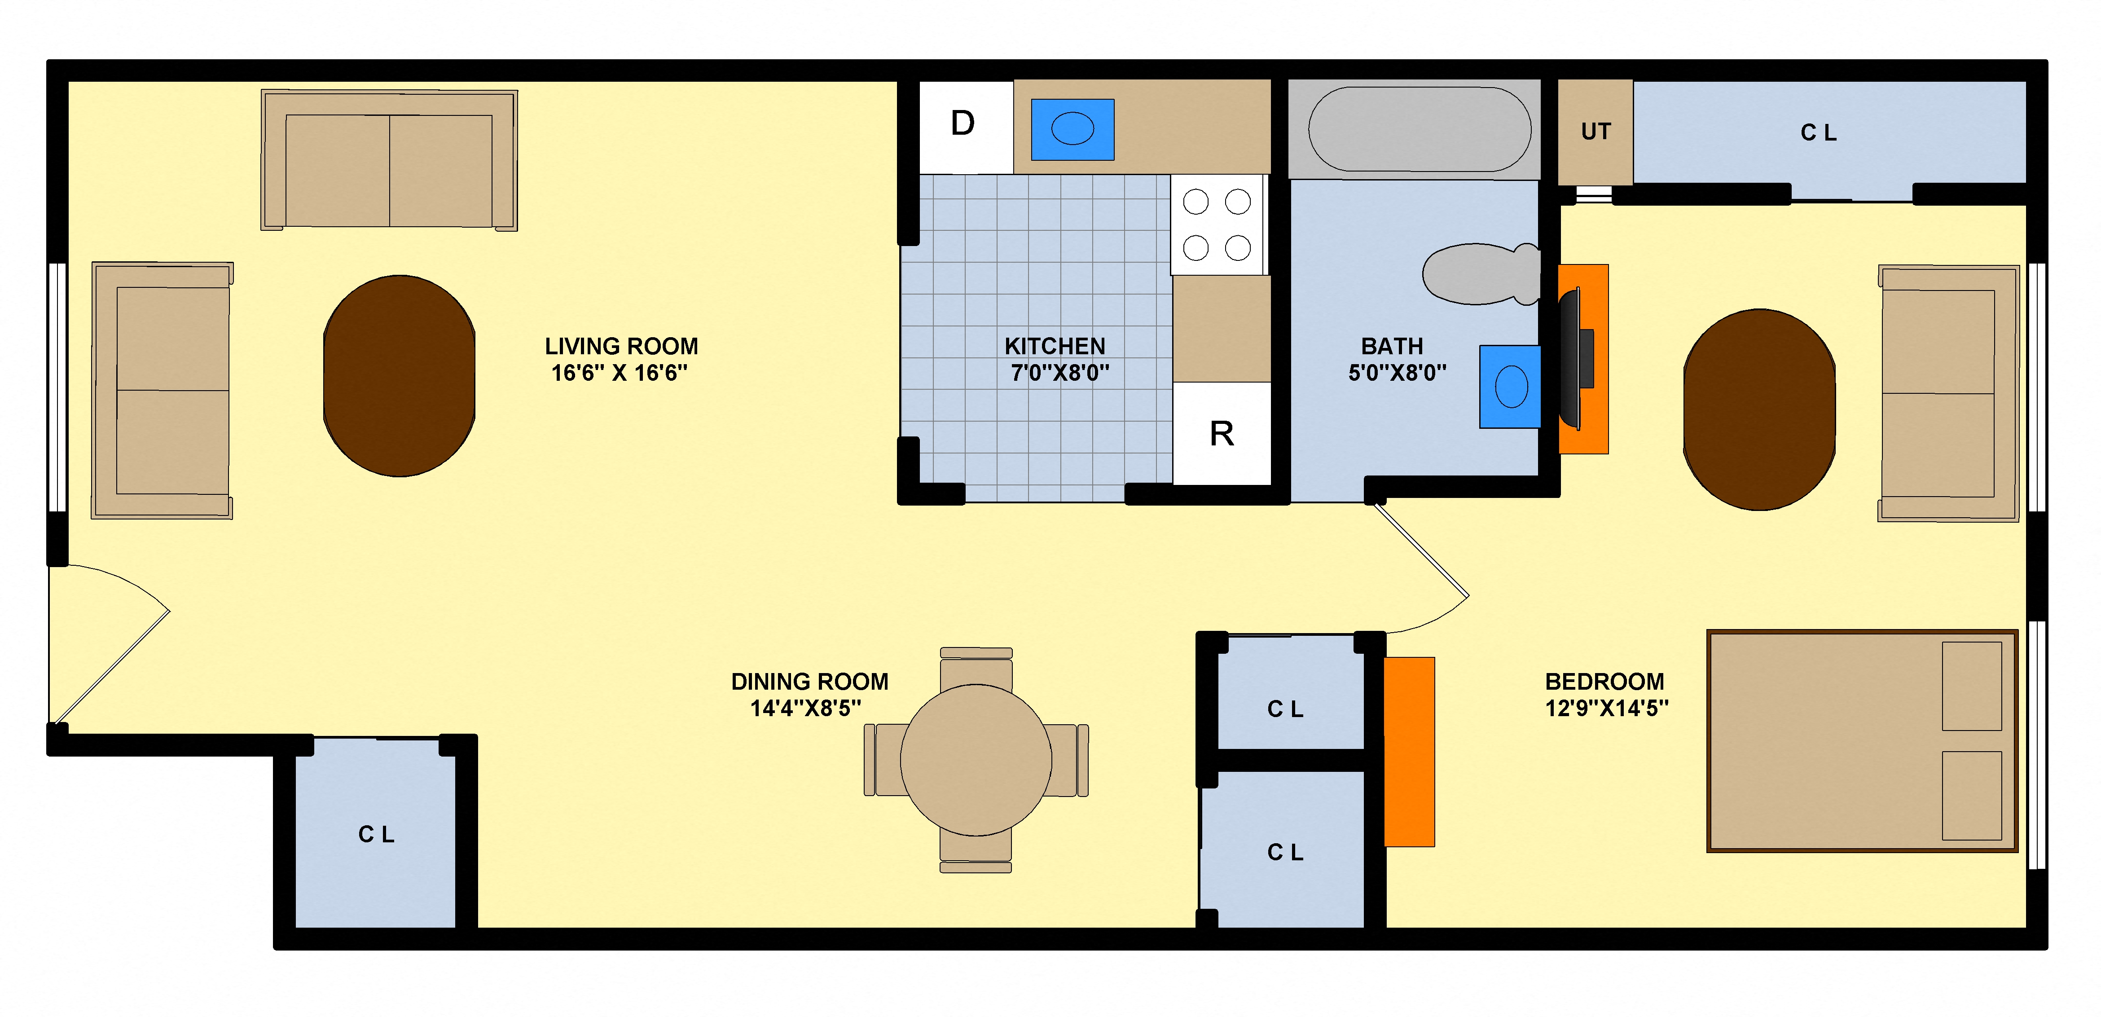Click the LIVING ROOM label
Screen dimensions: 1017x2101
click(x=621, y=359)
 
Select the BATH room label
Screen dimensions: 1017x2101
click(x=1395, y=359)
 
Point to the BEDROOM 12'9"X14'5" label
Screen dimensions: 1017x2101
click(x=1605, y=694)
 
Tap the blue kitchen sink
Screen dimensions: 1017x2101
click(x=1072, y=130)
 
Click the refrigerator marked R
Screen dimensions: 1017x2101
click(x=1221, y=434)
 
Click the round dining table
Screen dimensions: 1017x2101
click(x=976, y=760)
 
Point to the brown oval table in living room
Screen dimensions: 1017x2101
click(x=400, y=376)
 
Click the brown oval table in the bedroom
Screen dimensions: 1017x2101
click(x=1759, y=409)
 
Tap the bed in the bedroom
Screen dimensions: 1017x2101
click(x=1861, y=740)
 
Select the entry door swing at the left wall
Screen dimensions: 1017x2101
click(x=106, y=644)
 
